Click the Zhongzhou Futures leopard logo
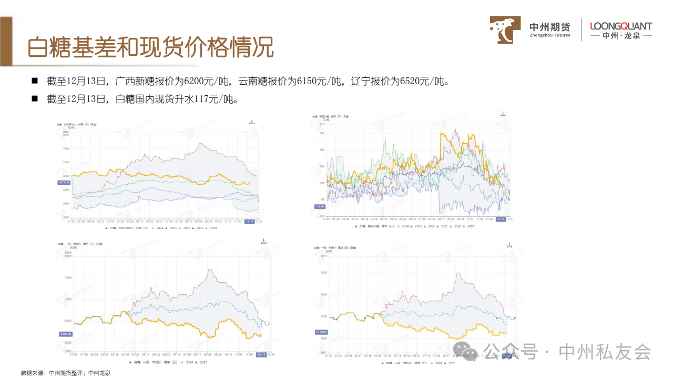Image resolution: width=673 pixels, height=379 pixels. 505,29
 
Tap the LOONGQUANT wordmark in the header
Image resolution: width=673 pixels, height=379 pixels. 621,26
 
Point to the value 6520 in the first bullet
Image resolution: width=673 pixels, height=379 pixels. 410,82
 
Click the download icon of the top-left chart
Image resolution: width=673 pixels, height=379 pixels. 252,122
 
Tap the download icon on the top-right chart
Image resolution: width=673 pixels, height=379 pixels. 503,114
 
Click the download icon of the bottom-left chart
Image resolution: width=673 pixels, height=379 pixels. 264,241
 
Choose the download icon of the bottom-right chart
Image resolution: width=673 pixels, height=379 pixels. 508,245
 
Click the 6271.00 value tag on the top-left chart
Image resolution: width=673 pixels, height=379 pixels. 64,182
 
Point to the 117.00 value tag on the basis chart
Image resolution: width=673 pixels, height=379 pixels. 320,206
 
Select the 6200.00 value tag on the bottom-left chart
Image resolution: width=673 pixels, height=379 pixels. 65,334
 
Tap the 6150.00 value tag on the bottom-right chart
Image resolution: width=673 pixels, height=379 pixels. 321,332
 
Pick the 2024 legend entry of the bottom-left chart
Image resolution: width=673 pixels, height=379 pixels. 187,362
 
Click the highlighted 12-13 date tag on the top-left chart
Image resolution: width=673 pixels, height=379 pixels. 250,222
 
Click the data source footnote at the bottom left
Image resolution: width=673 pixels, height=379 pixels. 66,373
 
